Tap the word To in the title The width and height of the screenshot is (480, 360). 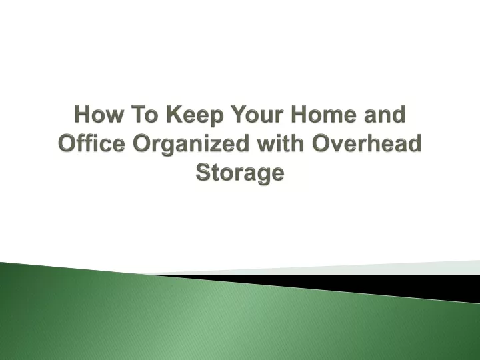(145, 114)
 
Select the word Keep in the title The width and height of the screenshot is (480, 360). (195, 116)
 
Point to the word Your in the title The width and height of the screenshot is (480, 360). (257, 114)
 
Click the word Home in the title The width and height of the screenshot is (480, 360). (324, 114)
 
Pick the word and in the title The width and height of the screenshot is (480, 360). (385, 114)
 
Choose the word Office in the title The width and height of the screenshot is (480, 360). (91, 143)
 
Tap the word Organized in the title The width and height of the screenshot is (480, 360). (191, 145)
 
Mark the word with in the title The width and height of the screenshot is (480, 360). (281, 143)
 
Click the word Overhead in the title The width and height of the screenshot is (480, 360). (367, 143)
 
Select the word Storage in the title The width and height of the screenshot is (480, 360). (240, 173)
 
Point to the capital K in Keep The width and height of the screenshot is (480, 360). (175, 114)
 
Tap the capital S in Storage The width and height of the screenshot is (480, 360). (203, 172)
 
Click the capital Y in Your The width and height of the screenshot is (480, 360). (239, 114)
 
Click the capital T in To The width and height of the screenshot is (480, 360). (139, 114)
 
